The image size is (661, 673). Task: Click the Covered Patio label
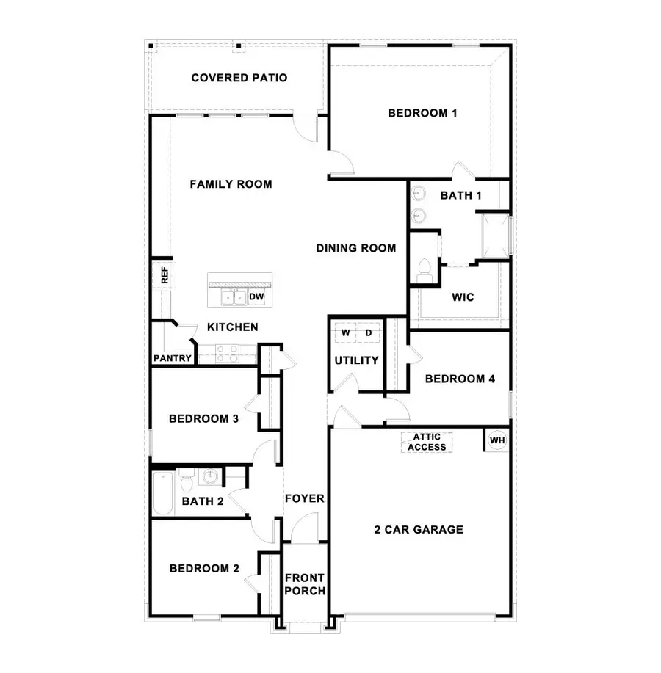(x=239, y=78)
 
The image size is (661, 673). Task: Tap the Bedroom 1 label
(x=422, y=113)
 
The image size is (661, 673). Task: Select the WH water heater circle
(x=497, y=440)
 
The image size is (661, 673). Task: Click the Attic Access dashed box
(x=427, y=442)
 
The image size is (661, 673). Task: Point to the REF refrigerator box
(x=165, y=275)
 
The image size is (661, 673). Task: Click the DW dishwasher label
(x=256, y=297)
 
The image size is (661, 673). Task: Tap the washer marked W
(x=345, y=332)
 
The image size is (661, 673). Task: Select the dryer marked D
(x=369, y=332)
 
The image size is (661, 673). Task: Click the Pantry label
(x=173, y=359)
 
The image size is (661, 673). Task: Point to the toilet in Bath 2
(x=187, y=482)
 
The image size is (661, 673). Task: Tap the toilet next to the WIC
(x=424, y=269)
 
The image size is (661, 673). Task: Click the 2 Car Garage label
(x=419, y=529)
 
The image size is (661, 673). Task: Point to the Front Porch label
(x=305, y=584)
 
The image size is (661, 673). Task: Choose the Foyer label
(x=304, y=499)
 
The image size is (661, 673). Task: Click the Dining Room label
(x=356, y=248)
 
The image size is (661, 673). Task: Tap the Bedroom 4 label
(x=460, y=379)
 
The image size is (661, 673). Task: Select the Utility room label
(x=356, y=360)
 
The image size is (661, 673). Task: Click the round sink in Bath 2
(x=211, y=478)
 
